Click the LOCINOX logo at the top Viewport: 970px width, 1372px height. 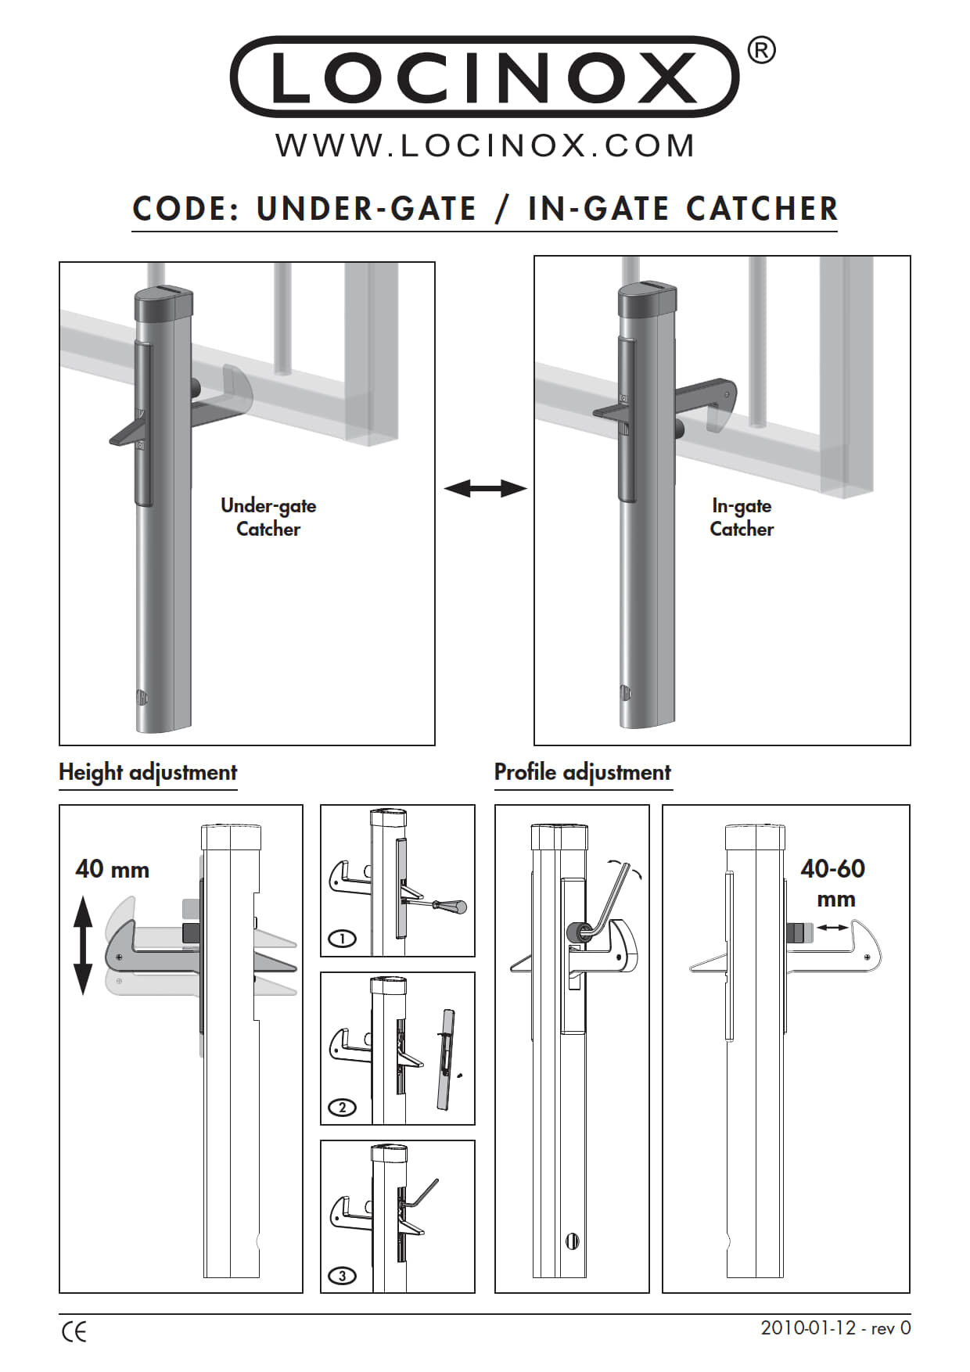pos(484,77)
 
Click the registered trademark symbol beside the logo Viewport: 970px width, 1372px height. pos(761,51)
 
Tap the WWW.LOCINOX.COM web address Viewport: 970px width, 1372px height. pos(485,146)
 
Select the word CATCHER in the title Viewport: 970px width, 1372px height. pos(761,209)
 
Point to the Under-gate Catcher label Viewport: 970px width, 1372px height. pos(268,517)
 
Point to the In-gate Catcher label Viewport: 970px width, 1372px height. pos(742,517)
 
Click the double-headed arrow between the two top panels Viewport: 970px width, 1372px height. pos(485,489)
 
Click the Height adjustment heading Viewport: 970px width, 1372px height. pos(148,773)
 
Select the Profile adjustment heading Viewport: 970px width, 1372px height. pos(583,773)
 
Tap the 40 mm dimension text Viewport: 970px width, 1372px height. pos(113,869)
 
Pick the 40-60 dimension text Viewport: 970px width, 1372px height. pos(833,868)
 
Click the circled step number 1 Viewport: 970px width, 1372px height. pos(343,938)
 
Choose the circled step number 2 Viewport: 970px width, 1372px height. pos(343,1107)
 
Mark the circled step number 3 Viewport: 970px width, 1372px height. pos(343,1276)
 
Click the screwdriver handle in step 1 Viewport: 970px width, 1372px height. pos(454,908)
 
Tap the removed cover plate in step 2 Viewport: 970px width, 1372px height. pos(446,1060)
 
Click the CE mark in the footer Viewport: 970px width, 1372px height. pos(74,1332)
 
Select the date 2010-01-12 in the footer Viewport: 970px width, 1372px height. pos(808,1328)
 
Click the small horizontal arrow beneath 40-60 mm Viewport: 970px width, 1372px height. pos(832,928)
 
